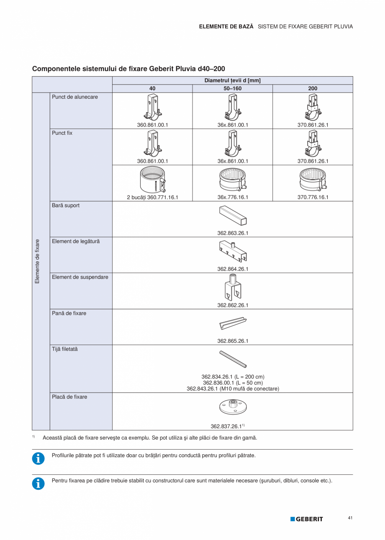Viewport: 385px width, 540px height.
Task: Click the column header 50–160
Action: point(232,88)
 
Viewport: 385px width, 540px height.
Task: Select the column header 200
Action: point(313,88)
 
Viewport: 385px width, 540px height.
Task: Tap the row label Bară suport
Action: point(66,206)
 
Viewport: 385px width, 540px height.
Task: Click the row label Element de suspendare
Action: point(80,277)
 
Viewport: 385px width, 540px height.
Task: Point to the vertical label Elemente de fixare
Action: point(37,261)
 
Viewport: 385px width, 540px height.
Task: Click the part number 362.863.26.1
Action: point(233,233)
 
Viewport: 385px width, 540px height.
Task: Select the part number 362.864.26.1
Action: point(233,269)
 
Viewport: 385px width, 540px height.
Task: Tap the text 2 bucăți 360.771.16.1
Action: point(152,197)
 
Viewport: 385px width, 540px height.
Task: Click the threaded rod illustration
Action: point(233,359)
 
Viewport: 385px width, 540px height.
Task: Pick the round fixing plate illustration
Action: point(233,405)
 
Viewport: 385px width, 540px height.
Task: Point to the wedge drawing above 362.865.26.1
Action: point(233,324)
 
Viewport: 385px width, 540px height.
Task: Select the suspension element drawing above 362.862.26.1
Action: point(233,288)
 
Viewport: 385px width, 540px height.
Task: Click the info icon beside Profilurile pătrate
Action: point(38,458)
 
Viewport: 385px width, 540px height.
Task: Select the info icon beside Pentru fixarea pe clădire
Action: point(38,483)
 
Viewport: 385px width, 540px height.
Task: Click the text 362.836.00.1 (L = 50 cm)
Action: point(233,383)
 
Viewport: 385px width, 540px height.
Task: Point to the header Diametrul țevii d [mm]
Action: point(232,80)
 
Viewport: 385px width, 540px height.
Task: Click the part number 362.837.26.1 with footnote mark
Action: point(228,427)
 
